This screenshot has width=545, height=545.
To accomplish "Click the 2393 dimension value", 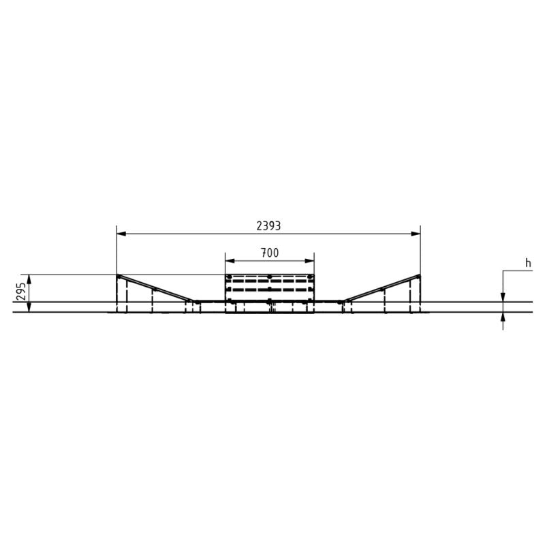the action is pos(268,226).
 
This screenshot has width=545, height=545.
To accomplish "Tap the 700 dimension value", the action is pos(270,253).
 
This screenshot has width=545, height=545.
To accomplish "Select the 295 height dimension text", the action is pos(21,292).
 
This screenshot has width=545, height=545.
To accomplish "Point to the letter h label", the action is pos(528,264).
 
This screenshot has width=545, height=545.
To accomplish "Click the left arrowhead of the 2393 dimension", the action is pos(121,234).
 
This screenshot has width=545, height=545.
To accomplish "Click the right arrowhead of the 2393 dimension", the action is pos(416,234).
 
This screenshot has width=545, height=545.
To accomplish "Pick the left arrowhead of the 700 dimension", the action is pos(230,261).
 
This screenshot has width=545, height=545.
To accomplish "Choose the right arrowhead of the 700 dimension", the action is pos(309,261).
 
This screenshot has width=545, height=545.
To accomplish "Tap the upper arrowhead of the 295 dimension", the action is pos(29,279).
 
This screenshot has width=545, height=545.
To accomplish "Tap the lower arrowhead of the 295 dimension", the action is pos(29,307).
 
